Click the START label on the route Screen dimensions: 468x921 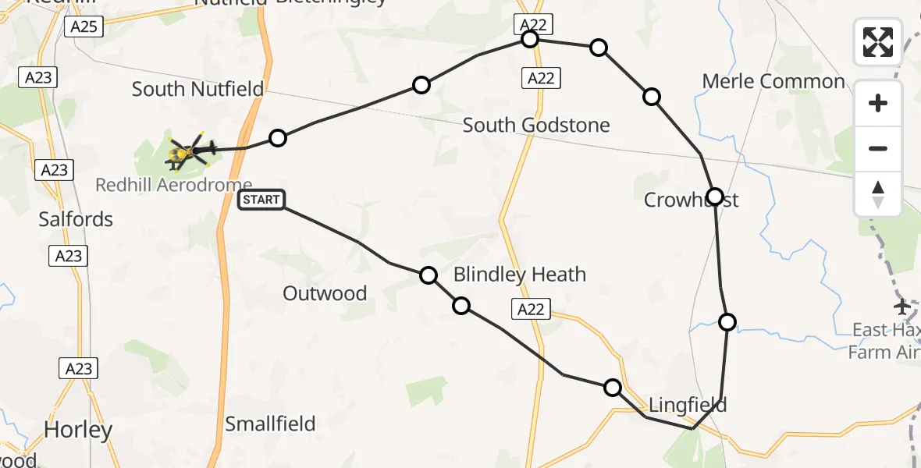tap(261, 200)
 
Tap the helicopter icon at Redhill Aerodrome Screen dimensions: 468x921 tap(188, 151)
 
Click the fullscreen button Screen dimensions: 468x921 tap(878, 42)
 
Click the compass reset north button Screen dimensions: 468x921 tap(878, 194)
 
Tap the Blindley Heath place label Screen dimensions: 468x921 tap(519, 274)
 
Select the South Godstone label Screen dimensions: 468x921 tap(536, 125)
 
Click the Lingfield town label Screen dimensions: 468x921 tap(688, 405)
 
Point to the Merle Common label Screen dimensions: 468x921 tap(773, 81)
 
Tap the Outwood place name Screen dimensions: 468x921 tap(325, 293)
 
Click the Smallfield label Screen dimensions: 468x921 tap(270, 424)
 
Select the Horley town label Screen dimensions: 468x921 tap(78, 429)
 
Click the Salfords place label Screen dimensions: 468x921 tap(76, 219)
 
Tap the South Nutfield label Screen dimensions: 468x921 tap(197, 89)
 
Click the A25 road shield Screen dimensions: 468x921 tap(83, 27)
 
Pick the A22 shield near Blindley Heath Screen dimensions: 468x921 tap(531, 309)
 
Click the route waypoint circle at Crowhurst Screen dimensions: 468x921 tap(714, 196)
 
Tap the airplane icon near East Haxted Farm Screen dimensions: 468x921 tap(903, 307)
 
